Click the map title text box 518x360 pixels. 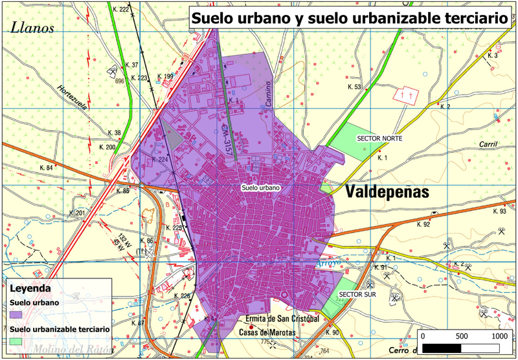(350, 17)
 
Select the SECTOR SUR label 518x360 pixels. (357, 294)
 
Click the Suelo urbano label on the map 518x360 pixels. (260, 188)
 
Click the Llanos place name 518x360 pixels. (31, 27)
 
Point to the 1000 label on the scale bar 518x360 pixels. (499, 337)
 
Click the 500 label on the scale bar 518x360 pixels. (461, 337)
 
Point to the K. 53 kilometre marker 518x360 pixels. (354, 87)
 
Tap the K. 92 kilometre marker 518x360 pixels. (423, 225)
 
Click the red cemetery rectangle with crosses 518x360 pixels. (408, 95)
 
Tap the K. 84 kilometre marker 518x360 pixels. (46, 168)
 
